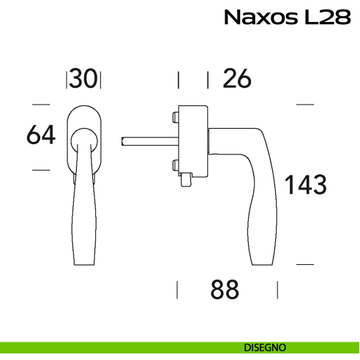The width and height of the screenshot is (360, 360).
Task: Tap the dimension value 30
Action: [x=84, y=79]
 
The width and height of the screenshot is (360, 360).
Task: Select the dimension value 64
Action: [x=41, y=135]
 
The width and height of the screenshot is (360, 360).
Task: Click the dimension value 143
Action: [x=304, y=185]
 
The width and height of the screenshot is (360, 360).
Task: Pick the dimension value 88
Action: [x=225, y=290]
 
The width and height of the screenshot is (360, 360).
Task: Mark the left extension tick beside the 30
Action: [x=67, y=79]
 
